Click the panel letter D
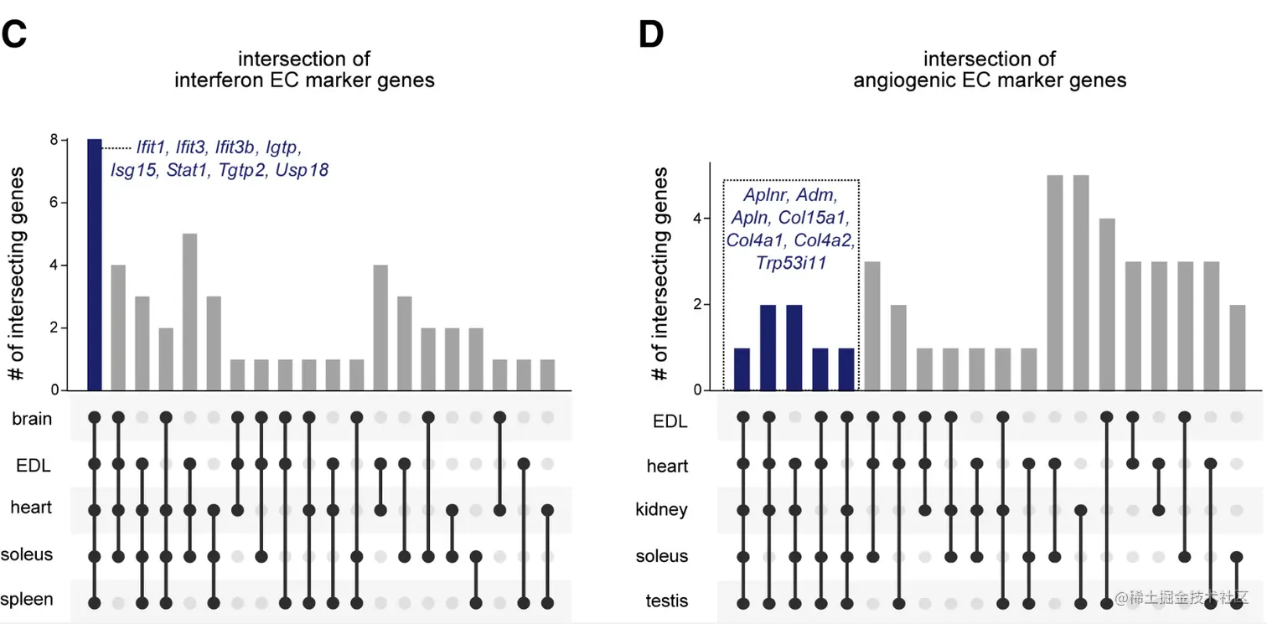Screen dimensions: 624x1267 651,34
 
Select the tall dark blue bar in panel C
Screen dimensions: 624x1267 95,265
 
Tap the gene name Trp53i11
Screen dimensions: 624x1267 791,264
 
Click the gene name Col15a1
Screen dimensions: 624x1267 820,219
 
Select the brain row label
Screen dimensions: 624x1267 32,419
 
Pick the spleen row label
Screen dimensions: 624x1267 27,600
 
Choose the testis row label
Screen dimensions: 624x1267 668,601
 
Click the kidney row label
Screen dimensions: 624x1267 662,509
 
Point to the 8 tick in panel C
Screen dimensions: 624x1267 54,140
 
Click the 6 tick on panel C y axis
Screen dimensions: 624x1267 54,203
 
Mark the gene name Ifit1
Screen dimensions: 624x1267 153,148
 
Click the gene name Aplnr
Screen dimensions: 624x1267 765,196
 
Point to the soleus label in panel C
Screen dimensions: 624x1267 27,554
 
